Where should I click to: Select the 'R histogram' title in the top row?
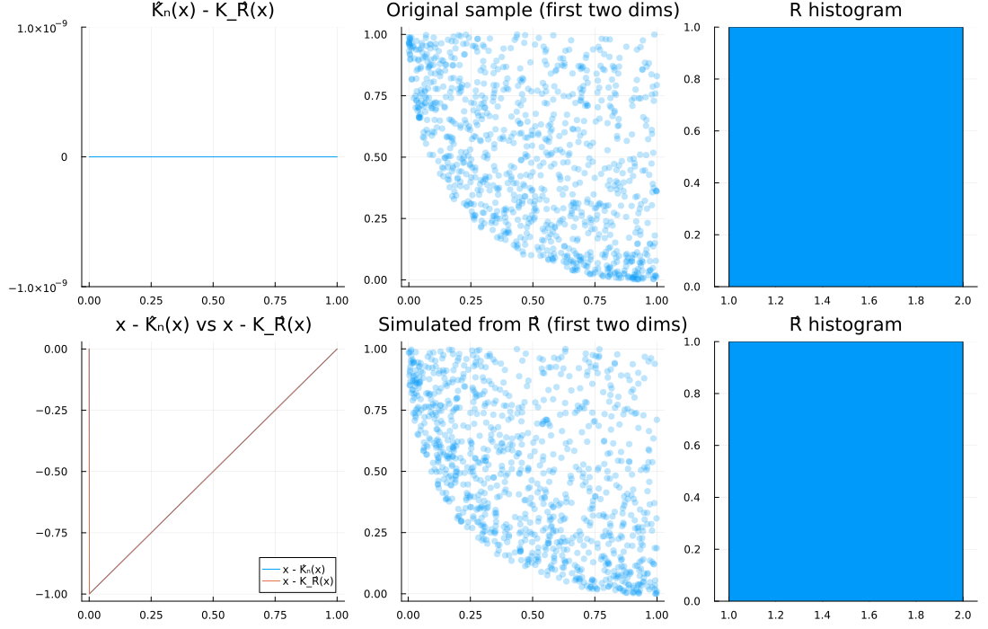(845, 11)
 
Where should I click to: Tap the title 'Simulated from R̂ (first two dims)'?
(533, 324)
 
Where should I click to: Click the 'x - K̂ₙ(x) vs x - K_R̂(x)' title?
(214, 324)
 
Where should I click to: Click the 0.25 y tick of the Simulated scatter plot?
(381, 533)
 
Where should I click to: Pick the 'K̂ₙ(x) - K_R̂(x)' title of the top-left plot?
(213, 11)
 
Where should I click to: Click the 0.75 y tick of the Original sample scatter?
(381, 95)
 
